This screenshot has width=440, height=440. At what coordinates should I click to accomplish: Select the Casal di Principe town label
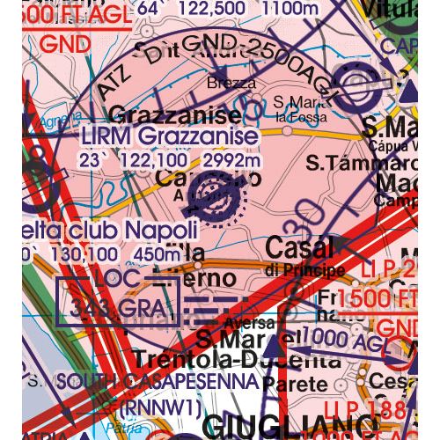(300, 251)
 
